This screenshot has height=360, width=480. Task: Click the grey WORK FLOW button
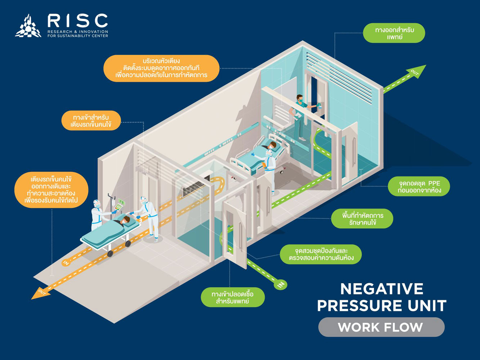tap(381, 327)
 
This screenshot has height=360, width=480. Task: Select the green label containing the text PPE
tap(419, 186)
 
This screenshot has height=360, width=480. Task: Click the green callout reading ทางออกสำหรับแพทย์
tap(394, 33)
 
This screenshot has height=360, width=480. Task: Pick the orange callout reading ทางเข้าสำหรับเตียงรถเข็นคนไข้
tap(91, 121)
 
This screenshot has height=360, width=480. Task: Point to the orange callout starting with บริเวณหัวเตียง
tap(161, 68)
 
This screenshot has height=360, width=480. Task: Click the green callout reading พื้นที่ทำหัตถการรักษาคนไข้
tap(362, 219)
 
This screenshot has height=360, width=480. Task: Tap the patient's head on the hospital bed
tap(273, 145)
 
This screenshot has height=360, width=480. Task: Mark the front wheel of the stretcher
tap(110, 253)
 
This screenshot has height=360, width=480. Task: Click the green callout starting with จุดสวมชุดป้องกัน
tap(321, 254)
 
